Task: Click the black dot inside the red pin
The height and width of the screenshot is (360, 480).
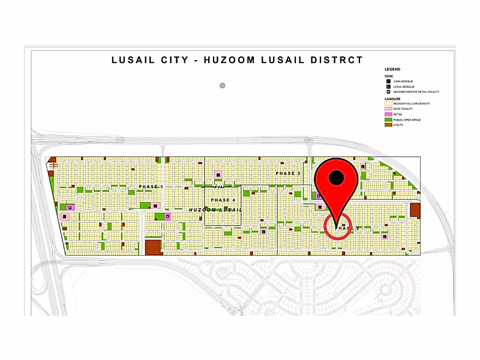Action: point(338,177)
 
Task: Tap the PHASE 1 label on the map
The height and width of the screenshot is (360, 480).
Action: point(151,187)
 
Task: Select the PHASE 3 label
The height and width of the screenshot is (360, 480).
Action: point(288,173)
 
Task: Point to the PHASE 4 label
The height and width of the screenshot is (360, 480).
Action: point(223,200)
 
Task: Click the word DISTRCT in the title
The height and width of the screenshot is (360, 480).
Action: point(337,60)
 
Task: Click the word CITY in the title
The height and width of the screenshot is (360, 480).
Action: point(173,60)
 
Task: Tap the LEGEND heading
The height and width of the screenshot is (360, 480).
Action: point(392,70)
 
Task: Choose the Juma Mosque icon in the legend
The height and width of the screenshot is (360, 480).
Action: point(388,81)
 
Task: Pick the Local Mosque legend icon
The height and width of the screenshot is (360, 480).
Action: point(388,86)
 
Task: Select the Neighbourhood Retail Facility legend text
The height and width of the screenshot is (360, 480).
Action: point(417,92)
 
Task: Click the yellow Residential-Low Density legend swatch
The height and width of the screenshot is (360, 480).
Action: point(388,103)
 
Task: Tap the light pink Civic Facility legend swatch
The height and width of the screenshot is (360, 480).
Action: point(388,109)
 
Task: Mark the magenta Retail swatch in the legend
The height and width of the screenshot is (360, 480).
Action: point(388,114)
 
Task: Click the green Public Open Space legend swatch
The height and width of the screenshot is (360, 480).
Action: point(388,119)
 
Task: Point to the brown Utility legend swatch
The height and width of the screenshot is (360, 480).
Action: point(388,125)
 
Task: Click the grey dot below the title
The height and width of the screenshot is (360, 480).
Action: point(223,85)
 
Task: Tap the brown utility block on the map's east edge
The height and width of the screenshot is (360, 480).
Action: point(415,211)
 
